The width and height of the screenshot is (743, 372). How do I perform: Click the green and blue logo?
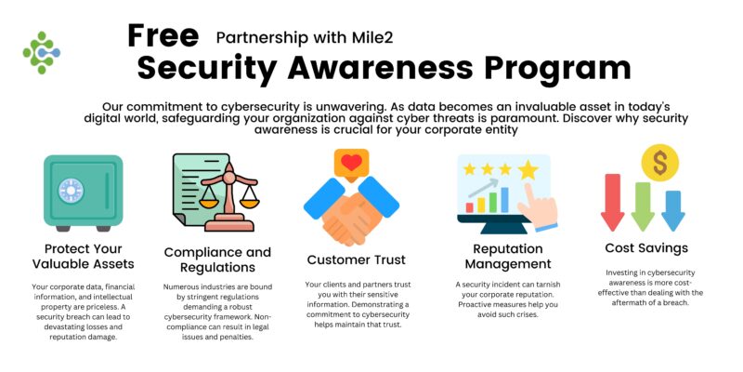[x=41, y=52]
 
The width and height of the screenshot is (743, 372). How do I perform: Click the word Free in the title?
[x=163, y=35]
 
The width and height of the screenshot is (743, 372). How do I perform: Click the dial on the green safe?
[x=71, y=192]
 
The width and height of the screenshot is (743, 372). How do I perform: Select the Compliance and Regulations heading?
[x=217, y=260]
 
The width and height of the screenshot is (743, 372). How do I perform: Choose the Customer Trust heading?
[x=352, y=259]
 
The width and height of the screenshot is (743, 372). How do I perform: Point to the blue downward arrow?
[x=672, y=209]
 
